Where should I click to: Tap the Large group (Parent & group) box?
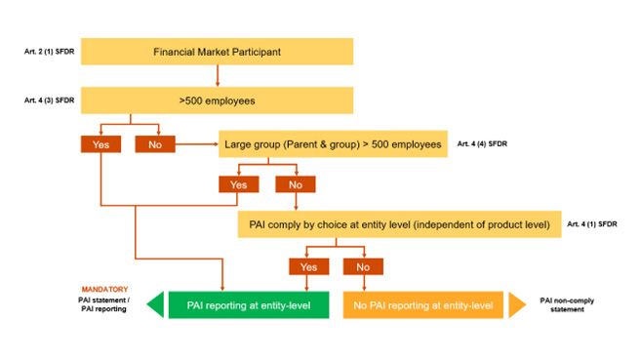[332, 143]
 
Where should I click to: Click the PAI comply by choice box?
[397, 223]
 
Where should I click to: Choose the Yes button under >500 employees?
[100, 144]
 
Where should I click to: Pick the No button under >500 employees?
[154, 144]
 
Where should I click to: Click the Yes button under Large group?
[239, 183]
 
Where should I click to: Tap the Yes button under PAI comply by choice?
[308, 265]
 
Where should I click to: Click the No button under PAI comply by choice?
[362, 265]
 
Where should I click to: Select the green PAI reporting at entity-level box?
[251, 305]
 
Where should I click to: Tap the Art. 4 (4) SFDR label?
[483, 143]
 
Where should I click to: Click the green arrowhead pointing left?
[155, 305]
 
